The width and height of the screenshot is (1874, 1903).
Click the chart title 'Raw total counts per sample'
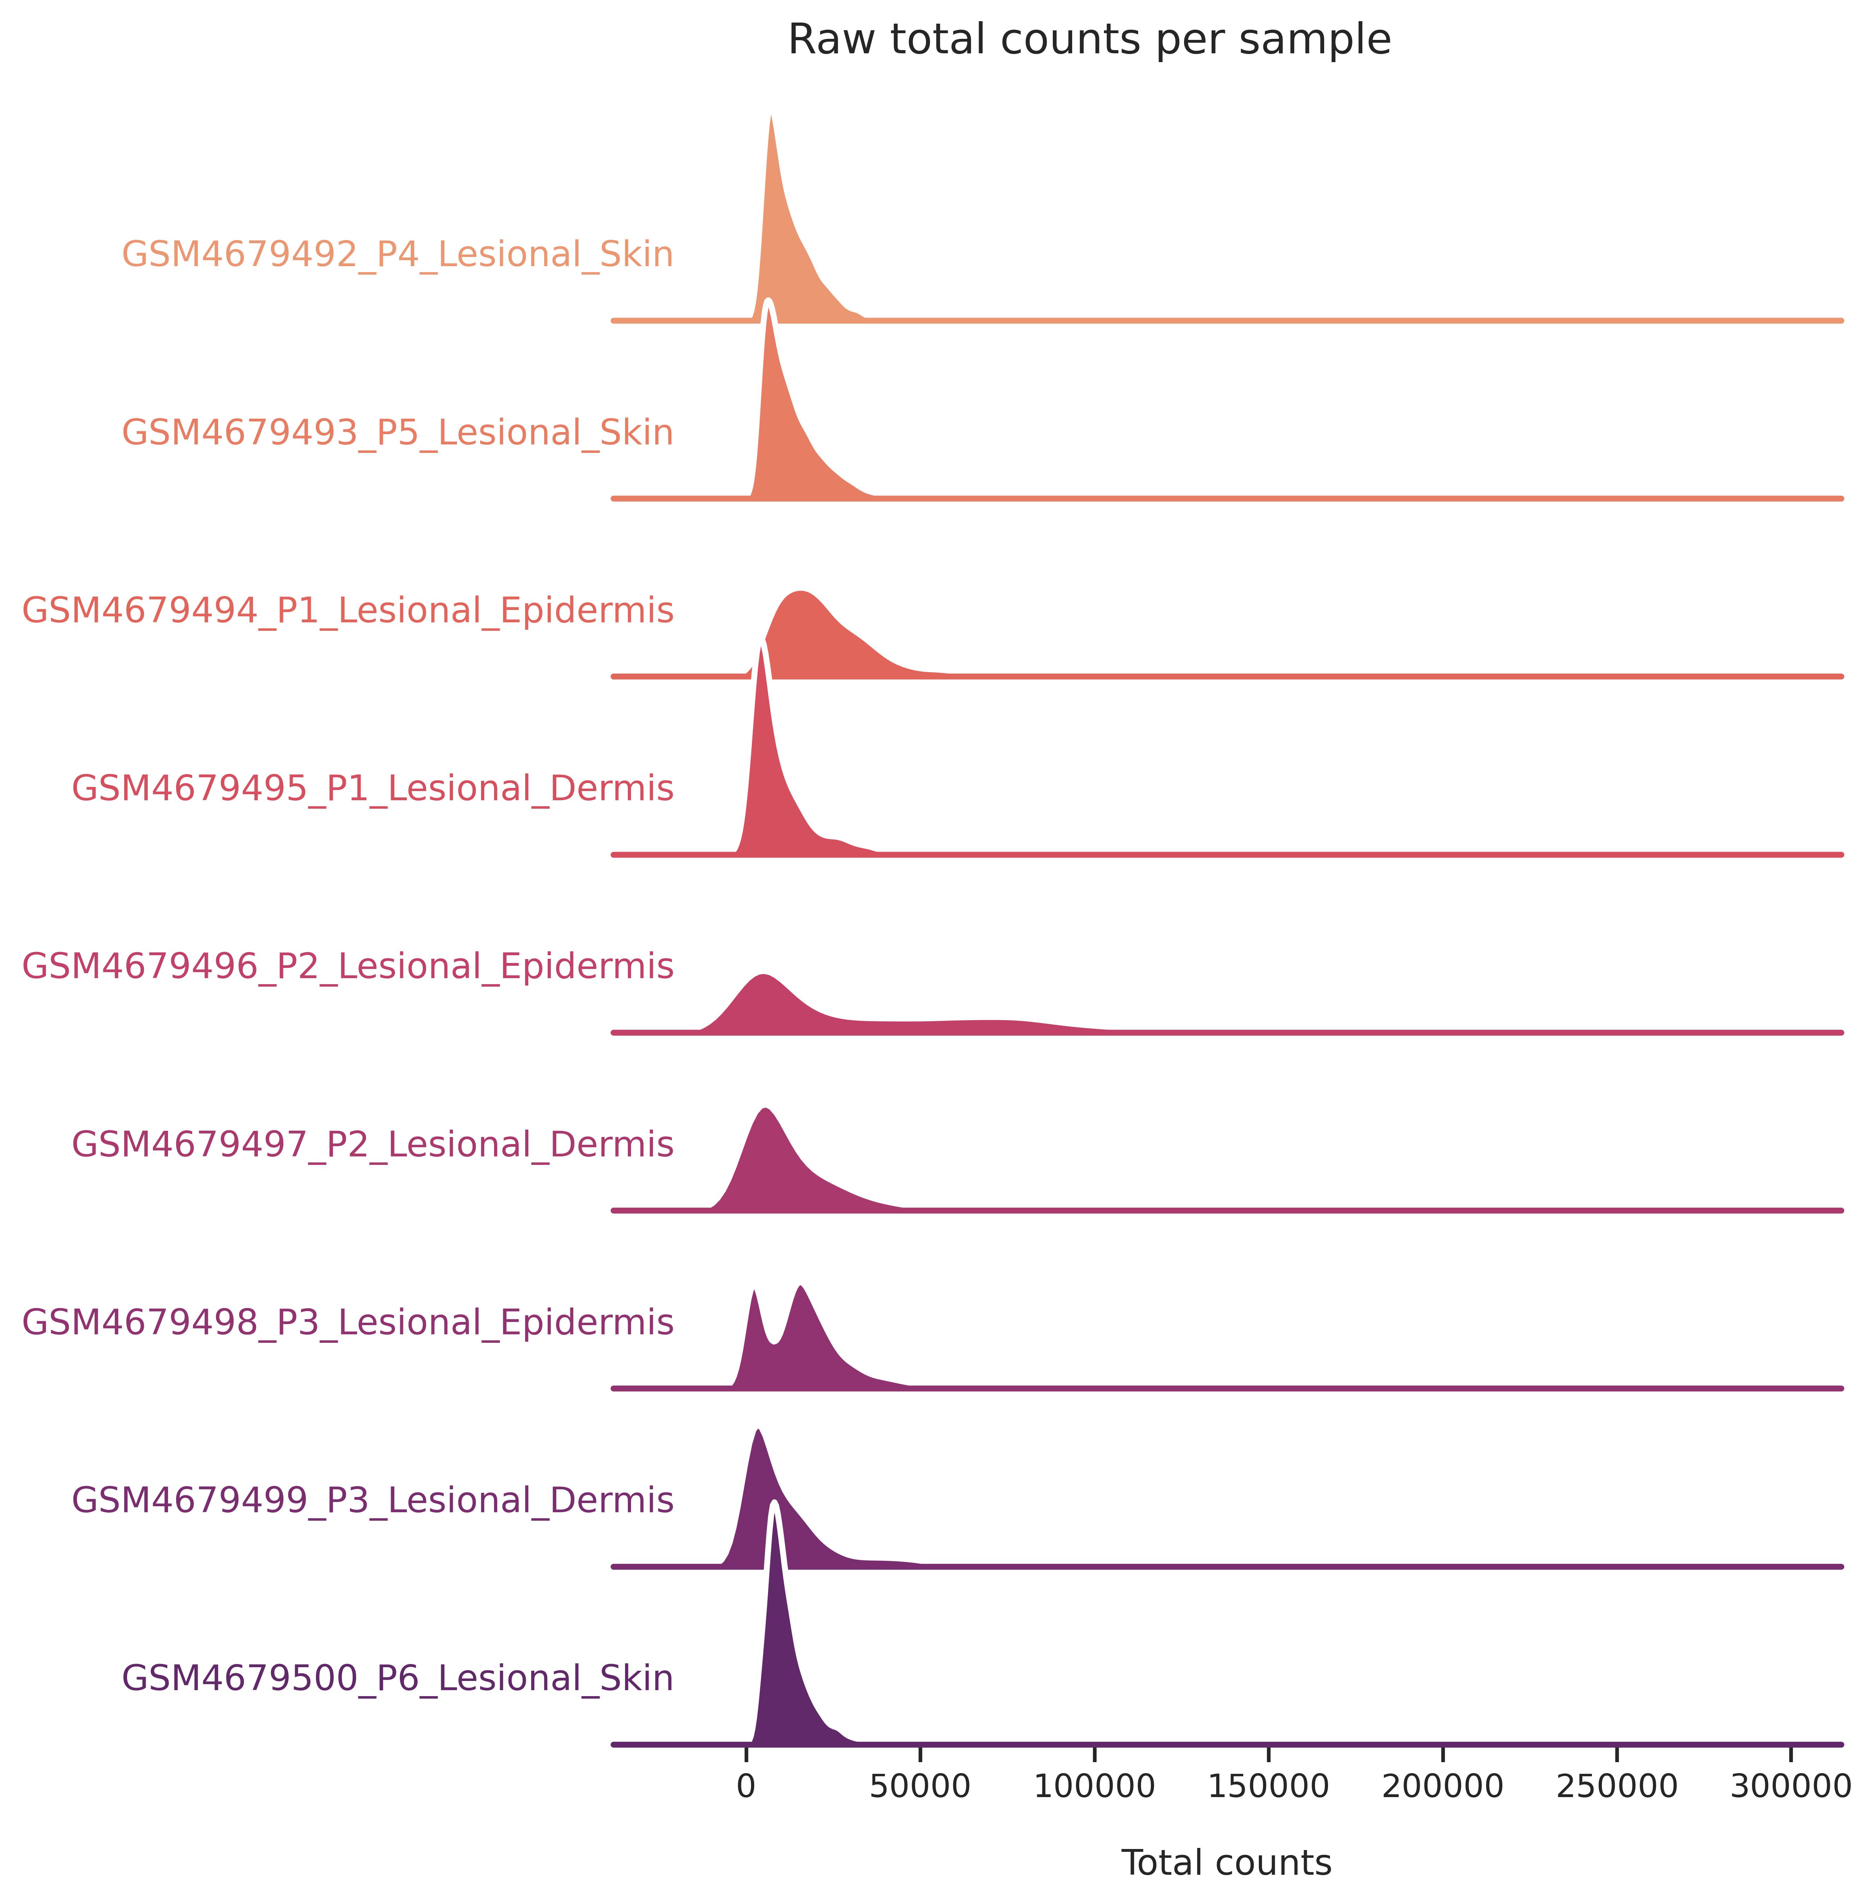(1089, 40)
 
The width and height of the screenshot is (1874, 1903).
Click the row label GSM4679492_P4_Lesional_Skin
(398, 255)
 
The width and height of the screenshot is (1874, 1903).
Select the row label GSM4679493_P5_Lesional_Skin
(398, 433)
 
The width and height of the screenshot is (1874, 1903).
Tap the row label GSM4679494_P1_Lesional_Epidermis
(348, 611)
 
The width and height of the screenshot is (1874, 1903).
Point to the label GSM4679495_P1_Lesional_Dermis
(373, 789)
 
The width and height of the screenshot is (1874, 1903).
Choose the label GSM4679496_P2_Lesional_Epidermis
(348, 967)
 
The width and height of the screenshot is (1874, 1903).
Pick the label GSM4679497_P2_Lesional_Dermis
(373, 1145)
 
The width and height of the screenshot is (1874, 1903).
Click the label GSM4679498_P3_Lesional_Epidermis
(348, 1322)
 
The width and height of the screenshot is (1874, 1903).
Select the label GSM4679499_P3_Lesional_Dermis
(373, 1500)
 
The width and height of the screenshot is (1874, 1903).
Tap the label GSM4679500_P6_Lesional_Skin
(398, 1678)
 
